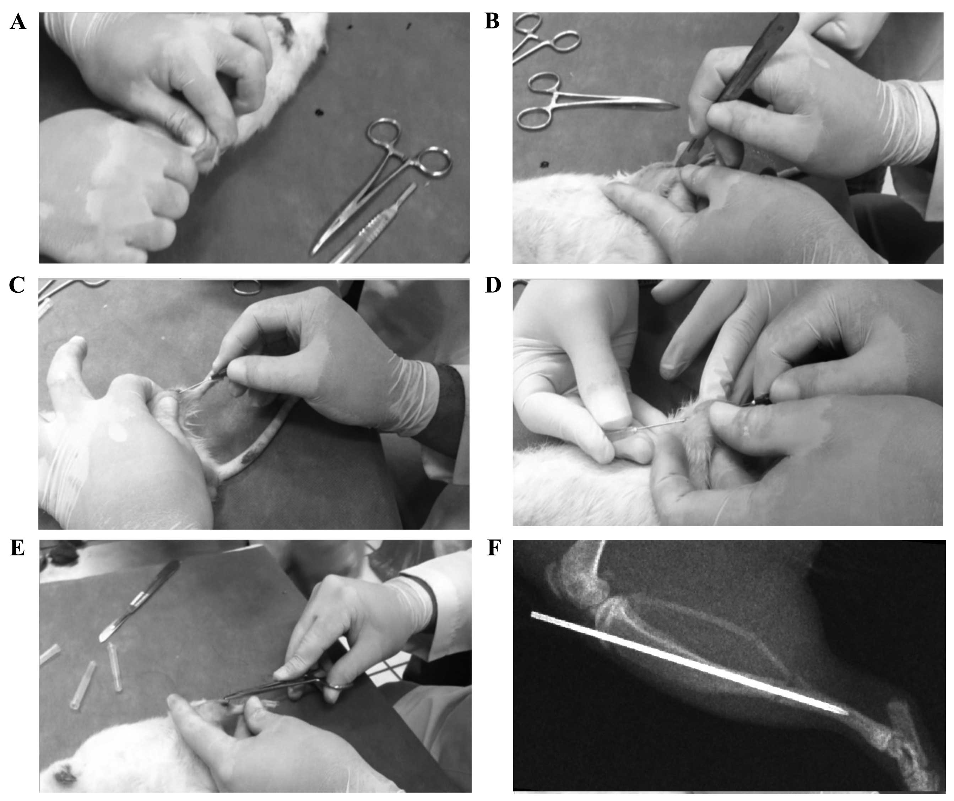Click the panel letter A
pos(18,22)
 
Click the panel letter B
pos(492,22)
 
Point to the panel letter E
pos(17,548)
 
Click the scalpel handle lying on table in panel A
pos(373,225)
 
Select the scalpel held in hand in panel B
pos(736,86)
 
